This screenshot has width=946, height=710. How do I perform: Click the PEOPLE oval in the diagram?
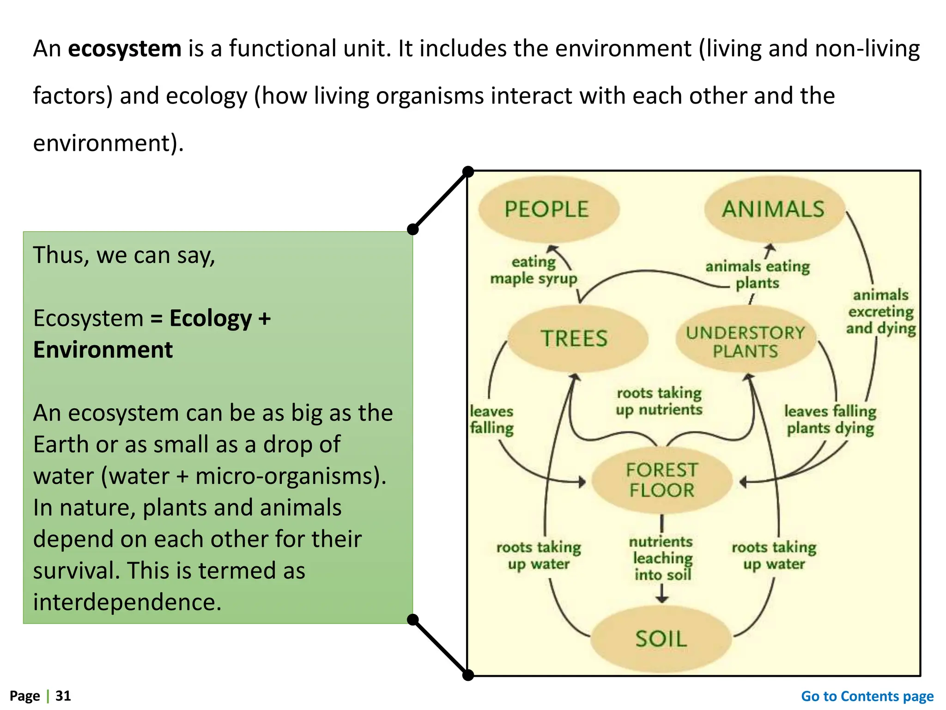[548, 209]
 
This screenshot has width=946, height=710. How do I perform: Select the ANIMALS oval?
[774, 209]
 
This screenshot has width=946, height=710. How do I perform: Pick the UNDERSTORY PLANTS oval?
[745, 342]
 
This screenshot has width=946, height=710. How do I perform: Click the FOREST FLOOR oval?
[661, 480]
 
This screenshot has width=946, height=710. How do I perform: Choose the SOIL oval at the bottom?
[661, 639]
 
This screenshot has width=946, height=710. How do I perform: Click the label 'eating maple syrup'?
[534, 270]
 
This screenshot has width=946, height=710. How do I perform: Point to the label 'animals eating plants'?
[758, 275]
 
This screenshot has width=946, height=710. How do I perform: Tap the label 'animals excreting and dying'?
[880, 312]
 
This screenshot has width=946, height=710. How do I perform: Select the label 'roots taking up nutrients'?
[659, 401]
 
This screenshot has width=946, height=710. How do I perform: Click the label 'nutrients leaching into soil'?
[662, 558]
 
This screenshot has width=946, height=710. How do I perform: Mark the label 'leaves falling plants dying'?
[830, 420]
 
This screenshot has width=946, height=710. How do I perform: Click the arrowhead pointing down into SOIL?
[662, 599]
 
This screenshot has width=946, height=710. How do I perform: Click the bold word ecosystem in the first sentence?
[125, 49]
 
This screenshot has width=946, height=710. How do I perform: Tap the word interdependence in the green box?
[127, 602]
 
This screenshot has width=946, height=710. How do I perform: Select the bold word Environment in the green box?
[103, 350]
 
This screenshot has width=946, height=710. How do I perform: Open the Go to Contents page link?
[867, 696]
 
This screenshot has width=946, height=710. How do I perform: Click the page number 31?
[63, 696]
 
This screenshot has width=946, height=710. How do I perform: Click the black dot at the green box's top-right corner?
[413, 229]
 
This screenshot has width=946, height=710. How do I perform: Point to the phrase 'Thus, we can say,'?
[124, 255]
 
